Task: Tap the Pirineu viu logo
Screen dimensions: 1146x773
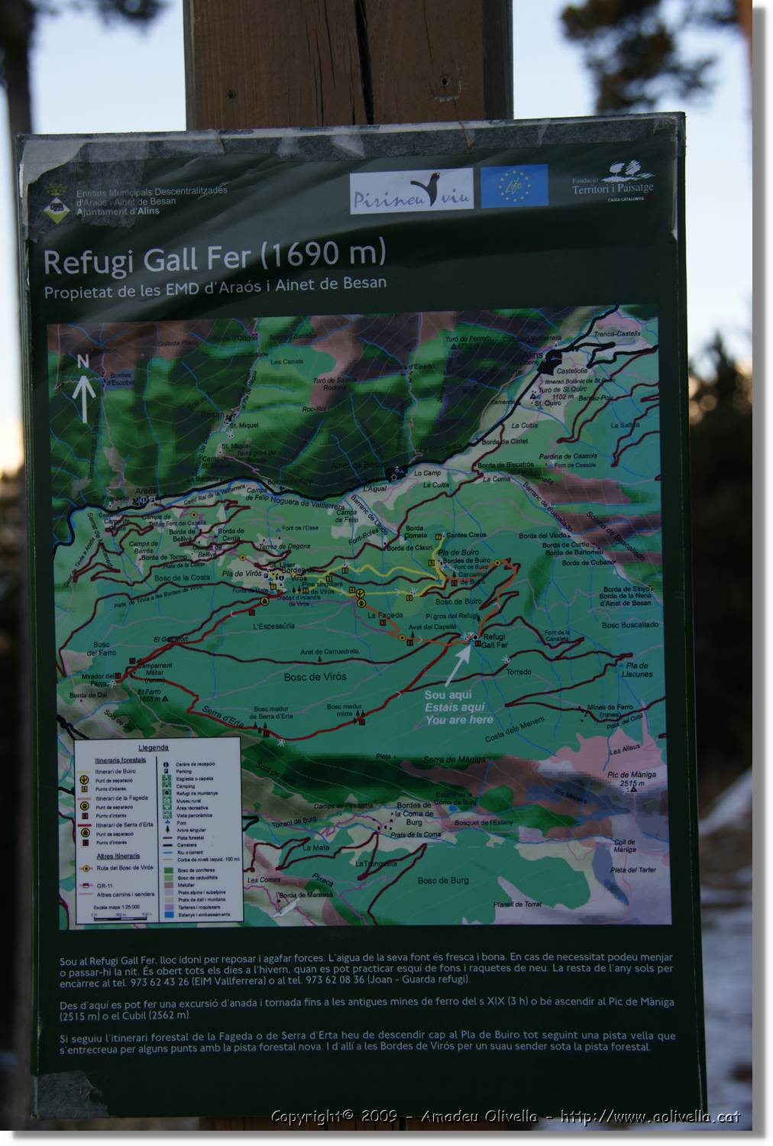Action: click(x=411, y=192)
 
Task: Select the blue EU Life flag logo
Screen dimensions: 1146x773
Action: click(x=514, y=186)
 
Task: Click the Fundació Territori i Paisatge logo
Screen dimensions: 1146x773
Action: click(x=613, y=184)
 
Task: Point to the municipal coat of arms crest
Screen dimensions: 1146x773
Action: click(x=55, y=201)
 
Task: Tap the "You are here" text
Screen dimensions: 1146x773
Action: click(x=458, y=720)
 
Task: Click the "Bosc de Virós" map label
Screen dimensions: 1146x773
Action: click(x=315, y=677)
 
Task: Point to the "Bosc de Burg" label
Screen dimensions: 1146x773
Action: click(x=443, y=880)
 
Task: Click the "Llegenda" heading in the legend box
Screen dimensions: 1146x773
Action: click(x=154, y=747)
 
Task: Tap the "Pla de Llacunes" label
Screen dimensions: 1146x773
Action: click(x=637, y=670)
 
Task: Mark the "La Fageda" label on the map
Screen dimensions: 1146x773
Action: click(x=384, y=615)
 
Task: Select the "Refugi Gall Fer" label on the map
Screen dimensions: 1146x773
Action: click(x=494, y=640)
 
